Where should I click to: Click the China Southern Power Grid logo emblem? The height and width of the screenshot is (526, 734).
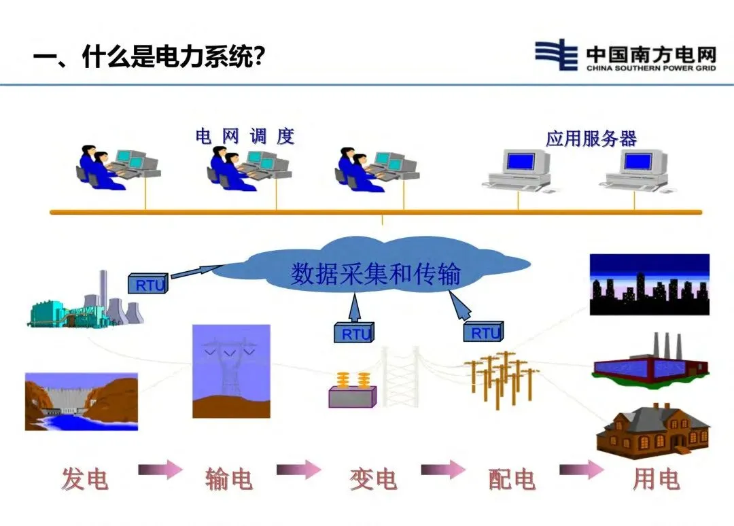coord(556,54)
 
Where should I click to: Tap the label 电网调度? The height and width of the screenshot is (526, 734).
coord(245,137)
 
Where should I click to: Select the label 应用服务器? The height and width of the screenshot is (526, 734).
coord(591,139)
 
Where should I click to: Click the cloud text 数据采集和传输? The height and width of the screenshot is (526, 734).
coord(376,275)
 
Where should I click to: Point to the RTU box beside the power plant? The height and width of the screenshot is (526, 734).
coord(147,283)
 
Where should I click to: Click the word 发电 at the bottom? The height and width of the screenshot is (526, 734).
coord(85,480)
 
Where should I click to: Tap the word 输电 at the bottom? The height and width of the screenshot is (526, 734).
coord(229,480)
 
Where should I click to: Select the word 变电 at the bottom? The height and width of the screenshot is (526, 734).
coord(373,480)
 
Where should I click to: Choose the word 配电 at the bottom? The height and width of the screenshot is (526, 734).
coord(512,480)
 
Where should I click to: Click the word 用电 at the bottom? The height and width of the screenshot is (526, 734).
coord(656,480)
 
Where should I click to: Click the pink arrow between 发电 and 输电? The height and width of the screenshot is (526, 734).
coord(160,469)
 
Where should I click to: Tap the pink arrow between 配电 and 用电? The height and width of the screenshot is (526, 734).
coord(581,469)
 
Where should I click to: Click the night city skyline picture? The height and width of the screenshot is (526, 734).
coord(649,285)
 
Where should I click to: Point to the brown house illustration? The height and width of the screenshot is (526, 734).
coord(652,431)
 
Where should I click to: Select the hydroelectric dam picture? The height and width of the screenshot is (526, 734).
coord(81,401)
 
